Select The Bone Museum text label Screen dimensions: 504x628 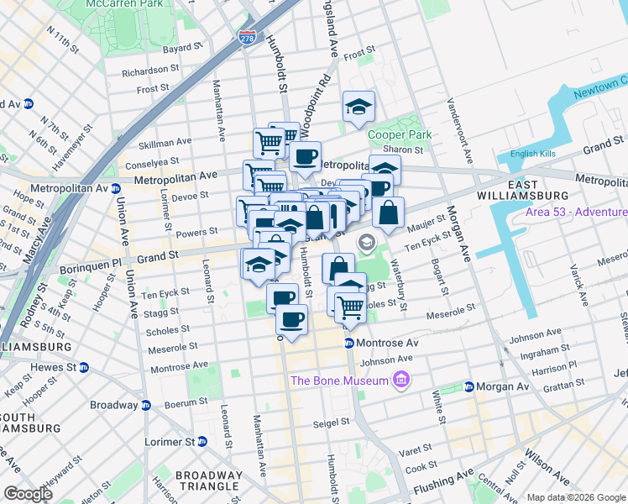click(x=339, y=381)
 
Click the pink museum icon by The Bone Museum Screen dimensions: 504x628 click(x=400, y=381)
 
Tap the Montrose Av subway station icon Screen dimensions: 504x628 click(x=349, y=344)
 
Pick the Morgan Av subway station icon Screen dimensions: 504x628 click(x=468, y=387)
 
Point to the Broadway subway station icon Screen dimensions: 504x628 click(x=145, y=405)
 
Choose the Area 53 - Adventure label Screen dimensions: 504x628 click(x=576, y=212)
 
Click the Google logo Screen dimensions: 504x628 click(x=29, y=493)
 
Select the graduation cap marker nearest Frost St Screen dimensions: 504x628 click(x=358, y=107)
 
